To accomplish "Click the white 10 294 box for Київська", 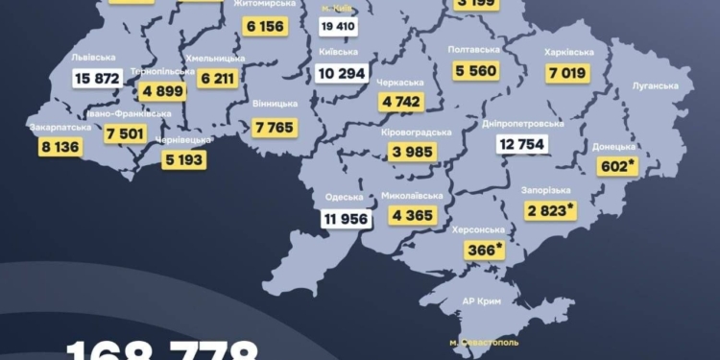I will [x=343, y=73].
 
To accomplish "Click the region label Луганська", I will [x=655, y=85].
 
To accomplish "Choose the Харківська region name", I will [x=568, y=52].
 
